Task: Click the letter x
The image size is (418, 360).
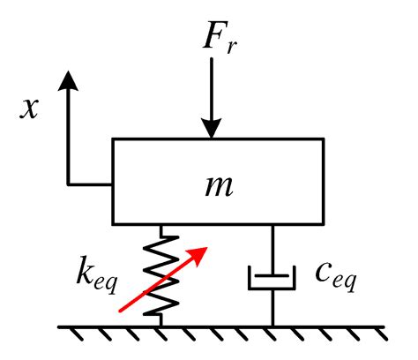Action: (x=33, y=109)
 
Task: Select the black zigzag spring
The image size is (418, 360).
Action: (x=161, y=274)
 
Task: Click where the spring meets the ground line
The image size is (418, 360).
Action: (x=161, y=326)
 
